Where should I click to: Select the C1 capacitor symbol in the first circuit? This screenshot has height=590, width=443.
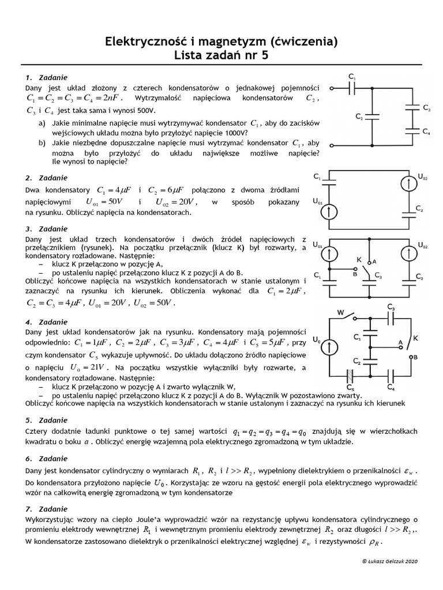click(353, 88)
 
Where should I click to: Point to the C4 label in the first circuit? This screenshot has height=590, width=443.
click(426, 132)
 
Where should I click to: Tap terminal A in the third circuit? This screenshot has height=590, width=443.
click(374, 261)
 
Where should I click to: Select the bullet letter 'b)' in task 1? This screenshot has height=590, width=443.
click(42, 143)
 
